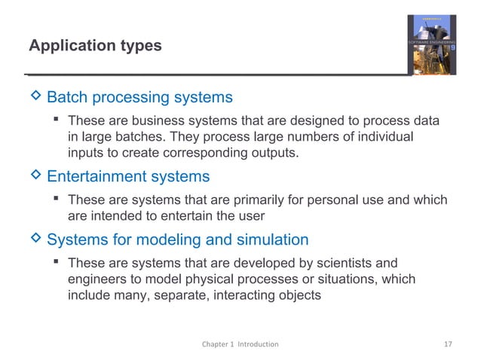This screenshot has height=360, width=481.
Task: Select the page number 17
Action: pyautogui.click(x=448, y=344)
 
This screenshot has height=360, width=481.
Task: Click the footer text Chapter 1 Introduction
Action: pyautogui.click(x=240, y=344)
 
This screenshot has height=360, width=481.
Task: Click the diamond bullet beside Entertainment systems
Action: pyautogui.click(x=33, y=175)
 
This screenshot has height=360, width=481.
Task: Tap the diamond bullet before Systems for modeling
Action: pyautogui.click(x=33, y=239)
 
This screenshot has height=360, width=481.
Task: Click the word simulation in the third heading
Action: pyautogui.click(x=271, y=240)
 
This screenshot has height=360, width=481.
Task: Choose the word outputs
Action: pyautogui.click(x=271, y=154)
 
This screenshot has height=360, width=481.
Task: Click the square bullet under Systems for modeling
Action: pyautogui.click(x=57, y=264)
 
